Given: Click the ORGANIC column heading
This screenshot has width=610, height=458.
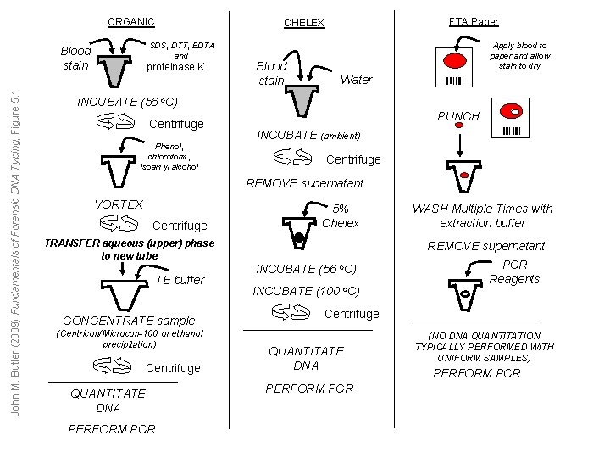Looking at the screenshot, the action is pos(130,22).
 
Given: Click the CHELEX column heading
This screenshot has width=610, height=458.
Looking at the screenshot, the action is pos(304,23).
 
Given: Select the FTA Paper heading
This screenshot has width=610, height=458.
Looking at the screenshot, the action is pos(474,21).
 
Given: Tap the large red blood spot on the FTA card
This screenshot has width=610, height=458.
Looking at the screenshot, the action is pos(456,61).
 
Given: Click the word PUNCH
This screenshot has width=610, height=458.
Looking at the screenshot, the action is pos(457,116).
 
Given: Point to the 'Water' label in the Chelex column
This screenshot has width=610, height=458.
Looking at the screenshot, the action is pos(356,80).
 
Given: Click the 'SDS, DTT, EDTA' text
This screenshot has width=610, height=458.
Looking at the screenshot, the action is pos(181,45).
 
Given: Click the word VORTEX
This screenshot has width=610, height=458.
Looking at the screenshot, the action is pos(119,204).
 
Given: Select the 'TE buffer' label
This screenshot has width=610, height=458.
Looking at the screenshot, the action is pos(181,280).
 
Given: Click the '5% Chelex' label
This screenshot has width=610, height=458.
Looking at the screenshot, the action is pos(340,215).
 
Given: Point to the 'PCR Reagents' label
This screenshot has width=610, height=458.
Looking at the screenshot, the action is pos(514,271).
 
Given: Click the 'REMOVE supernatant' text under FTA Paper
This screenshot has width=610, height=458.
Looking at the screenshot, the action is pos(486,246).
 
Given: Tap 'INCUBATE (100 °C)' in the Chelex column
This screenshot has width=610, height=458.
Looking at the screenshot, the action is pos(307,291).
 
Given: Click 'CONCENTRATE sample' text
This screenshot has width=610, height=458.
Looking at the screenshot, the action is pos(129,321).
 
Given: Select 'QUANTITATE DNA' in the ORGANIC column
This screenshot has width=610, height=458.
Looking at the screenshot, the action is pos(108,400).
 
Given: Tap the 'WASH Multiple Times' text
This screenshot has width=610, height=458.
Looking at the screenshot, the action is pos(482,215).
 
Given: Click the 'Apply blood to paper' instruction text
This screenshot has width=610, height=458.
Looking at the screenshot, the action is pos(520,55).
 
